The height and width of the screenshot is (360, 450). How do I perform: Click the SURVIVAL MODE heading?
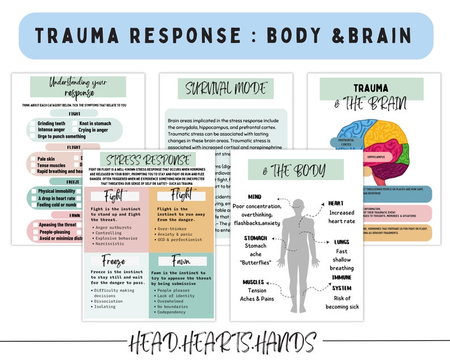226,88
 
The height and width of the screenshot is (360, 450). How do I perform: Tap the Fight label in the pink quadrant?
116,197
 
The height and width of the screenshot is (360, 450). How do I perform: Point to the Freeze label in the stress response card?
113,262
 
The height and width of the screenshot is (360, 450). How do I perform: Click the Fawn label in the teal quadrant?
175,262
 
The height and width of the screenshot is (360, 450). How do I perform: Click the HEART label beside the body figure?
336,203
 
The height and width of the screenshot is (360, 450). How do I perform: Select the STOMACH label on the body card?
256,238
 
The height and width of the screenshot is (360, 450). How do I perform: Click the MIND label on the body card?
254,197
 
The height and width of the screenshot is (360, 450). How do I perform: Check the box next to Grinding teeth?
32,123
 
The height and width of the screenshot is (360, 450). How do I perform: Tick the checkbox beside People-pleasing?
32,232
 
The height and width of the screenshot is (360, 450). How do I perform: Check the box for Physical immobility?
32,191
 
